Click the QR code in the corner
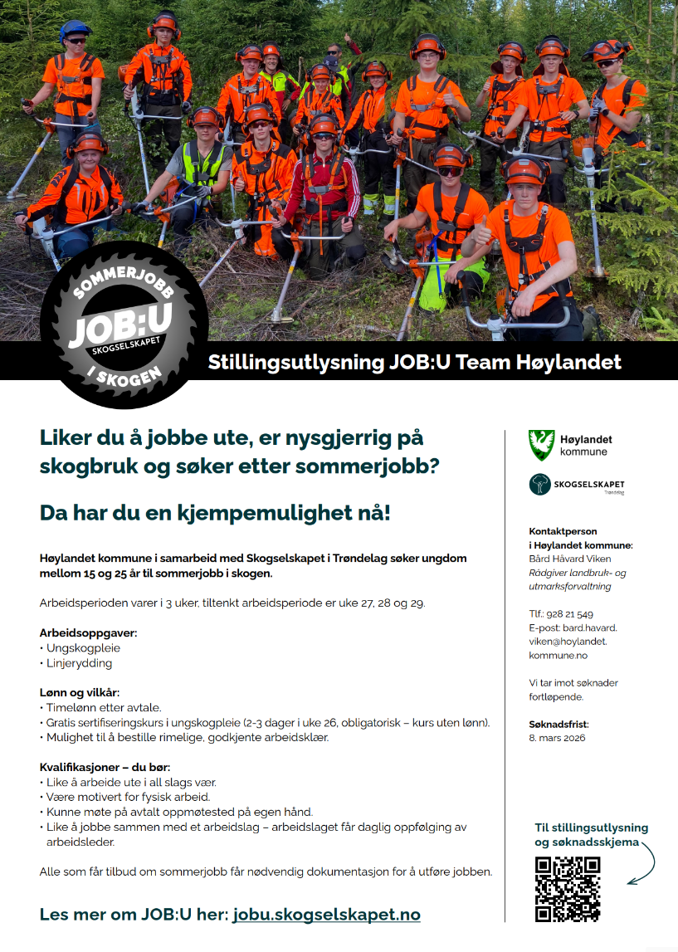(568, 889)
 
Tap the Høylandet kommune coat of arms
(540, 445)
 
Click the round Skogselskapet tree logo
(540, 485)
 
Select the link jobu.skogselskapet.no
(326, 915)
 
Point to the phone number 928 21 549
(572, 614)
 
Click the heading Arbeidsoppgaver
(88, 632)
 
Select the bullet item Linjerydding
(78, 662)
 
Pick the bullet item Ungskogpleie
(80, 647)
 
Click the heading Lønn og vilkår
(80, 693)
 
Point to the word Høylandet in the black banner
(572, 363)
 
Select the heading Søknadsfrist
(558, 724)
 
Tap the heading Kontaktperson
(563, 531)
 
